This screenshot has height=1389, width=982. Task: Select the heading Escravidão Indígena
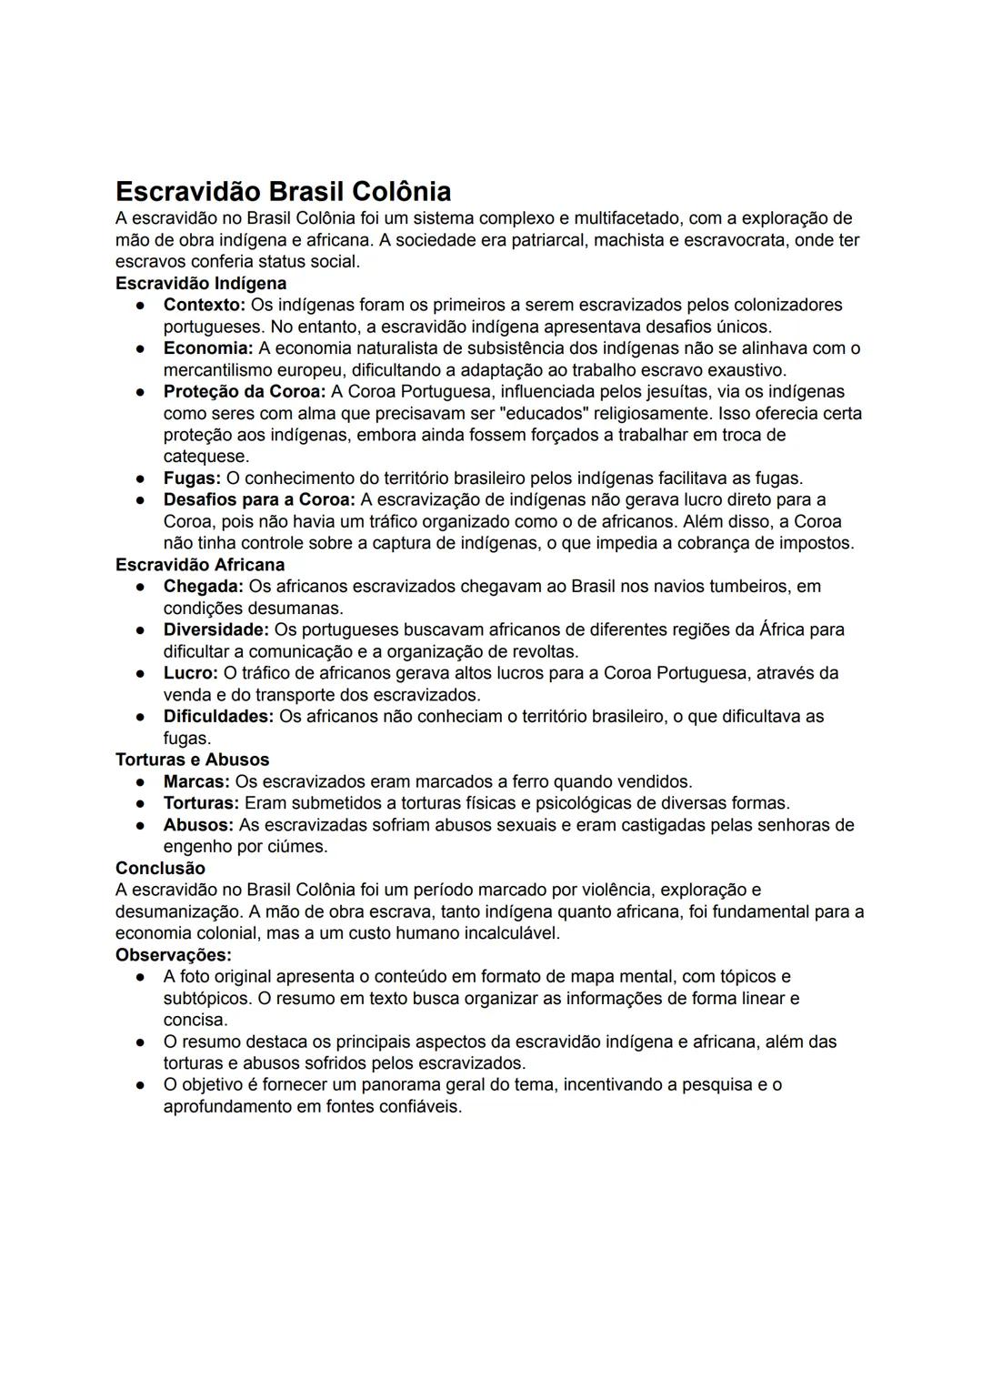(x=200, y=283)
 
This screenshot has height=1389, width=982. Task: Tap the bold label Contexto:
(x=205, y=305)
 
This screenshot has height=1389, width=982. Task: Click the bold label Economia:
(x=208, y=348)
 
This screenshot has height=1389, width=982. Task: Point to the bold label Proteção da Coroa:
(x=245, y=392)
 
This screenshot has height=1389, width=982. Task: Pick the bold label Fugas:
(x=192, y=478)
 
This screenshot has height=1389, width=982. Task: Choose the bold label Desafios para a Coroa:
(x=259, y=500)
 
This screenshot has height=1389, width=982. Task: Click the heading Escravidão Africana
(x=200, y=565)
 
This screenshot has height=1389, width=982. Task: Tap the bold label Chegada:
(x=204, y=587)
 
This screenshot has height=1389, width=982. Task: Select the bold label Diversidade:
(x=216, y=629)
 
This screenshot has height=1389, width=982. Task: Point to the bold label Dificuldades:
(x=218, y=717)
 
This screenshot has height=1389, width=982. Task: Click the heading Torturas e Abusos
(x=192, y=760)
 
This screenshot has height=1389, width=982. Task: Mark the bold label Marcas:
(x=196, y=781)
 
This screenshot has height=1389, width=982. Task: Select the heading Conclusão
(x=160, y=869)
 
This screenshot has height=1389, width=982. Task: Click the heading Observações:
(x=173, y=955)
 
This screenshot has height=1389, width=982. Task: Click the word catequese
(x=205, y=457)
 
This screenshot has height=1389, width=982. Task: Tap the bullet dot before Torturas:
(x=141, y=804)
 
